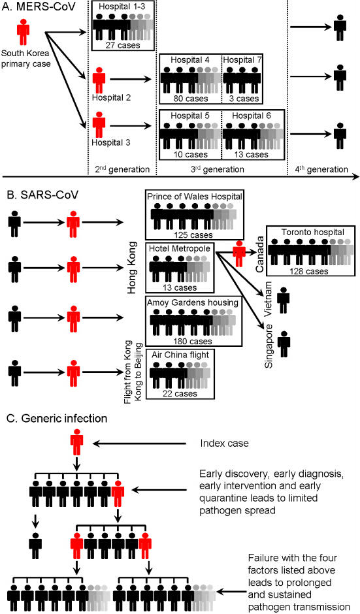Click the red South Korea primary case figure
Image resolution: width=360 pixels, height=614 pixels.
23,32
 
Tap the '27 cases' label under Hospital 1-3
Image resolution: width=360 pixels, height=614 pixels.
123,46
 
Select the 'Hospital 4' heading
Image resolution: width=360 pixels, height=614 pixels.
190,60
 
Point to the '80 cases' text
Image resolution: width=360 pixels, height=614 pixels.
190,99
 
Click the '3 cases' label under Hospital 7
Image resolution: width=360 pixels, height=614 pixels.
244,99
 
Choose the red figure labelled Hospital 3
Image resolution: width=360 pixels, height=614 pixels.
99,125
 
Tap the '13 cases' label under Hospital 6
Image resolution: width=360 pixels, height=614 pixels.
251,155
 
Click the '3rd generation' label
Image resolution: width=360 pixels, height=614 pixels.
218,169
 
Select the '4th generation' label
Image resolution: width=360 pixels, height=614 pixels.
321,169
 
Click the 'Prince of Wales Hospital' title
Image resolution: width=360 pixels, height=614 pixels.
195,196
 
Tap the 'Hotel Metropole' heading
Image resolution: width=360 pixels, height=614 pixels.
180,249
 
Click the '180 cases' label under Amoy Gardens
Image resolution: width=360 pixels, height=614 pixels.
192,341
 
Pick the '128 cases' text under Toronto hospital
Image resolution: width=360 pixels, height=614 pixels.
308,271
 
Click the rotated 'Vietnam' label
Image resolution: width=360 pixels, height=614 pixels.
269,293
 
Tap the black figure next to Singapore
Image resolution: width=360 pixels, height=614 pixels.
284,344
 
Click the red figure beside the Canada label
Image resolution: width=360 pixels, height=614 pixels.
239,254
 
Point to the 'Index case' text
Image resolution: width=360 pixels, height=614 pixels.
225,444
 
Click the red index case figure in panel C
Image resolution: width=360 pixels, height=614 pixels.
77,442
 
